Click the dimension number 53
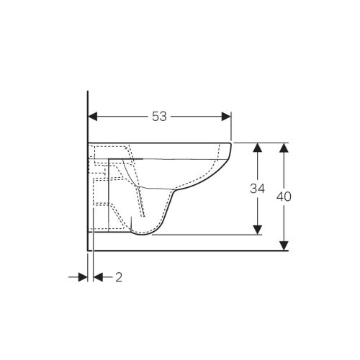coord(159,117)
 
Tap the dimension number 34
coord(257,189)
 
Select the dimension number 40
coord(284,197)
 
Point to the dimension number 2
coord(119,277)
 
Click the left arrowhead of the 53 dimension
coord(93,117)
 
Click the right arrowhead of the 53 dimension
coord(226,117)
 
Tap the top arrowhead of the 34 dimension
coord(258,148)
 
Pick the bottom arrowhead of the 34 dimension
coord(258,230)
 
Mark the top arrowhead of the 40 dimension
coord(284,148)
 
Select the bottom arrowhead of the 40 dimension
coord(284,246)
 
